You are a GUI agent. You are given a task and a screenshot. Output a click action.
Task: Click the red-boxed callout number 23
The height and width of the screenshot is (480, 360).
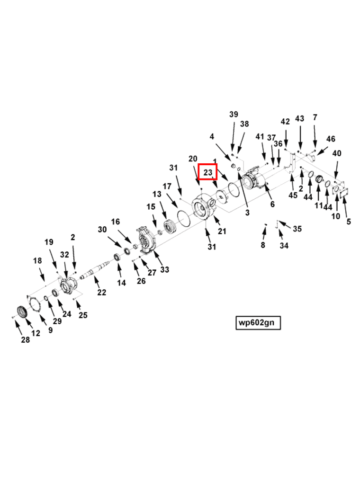click(208, 172)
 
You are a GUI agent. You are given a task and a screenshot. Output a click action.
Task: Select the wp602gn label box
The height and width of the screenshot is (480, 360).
click(258, 323)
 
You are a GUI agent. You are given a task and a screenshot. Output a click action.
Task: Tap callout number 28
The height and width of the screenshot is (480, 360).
click(26, 340)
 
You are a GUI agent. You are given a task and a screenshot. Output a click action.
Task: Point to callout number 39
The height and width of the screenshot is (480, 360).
click(234, 114)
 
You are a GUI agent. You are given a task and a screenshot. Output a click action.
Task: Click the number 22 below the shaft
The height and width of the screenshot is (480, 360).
click(102, 293)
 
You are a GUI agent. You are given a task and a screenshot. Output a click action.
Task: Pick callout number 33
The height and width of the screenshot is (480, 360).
click(164, 269)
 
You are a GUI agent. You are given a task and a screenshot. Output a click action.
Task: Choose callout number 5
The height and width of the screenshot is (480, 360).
click(349, 222)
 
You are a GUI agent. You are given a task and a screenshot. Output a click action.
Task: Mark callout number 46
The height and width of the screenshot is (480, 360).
click(331, 139)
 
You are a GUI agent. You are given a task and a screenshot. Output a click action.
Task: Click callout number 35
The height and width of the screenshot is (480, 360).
click(297, 229)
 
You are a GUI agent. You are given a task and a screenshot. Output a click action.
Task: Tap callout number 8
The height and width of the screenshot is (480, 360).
click(263, 245)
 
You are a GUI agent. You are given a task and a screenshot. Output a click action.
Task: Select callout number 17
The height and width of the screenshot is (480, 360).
click(167, 187)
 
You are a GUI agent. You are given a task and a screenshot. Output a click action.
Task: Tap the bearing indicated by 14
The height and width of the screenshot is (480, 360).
click(117, 257)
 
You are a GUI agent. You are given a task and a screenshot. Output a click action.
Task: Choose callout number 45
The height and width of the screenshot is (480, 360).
click(293, 195)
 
